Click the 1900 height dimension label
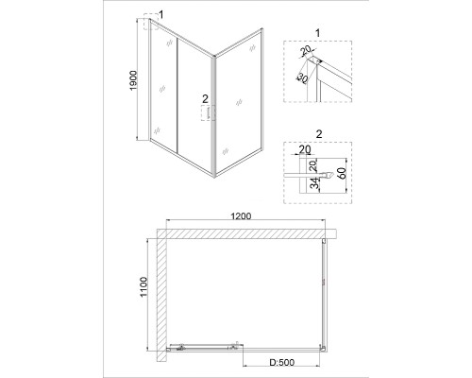pos(134,80)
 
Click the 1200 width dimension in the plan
pos(241,216)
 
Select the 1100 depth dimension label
pos(143,286)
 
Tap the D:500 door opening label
pos(282,363)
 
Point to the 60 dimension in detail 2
pos(342,173)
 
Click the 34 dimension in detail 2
pos(314,183)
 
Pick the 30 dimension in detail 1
pos(302,78)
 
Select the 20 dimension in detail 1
pos(305,50)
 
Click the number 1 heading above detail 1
pos(317,33)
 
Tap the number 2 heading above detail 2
pos(319,134)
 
